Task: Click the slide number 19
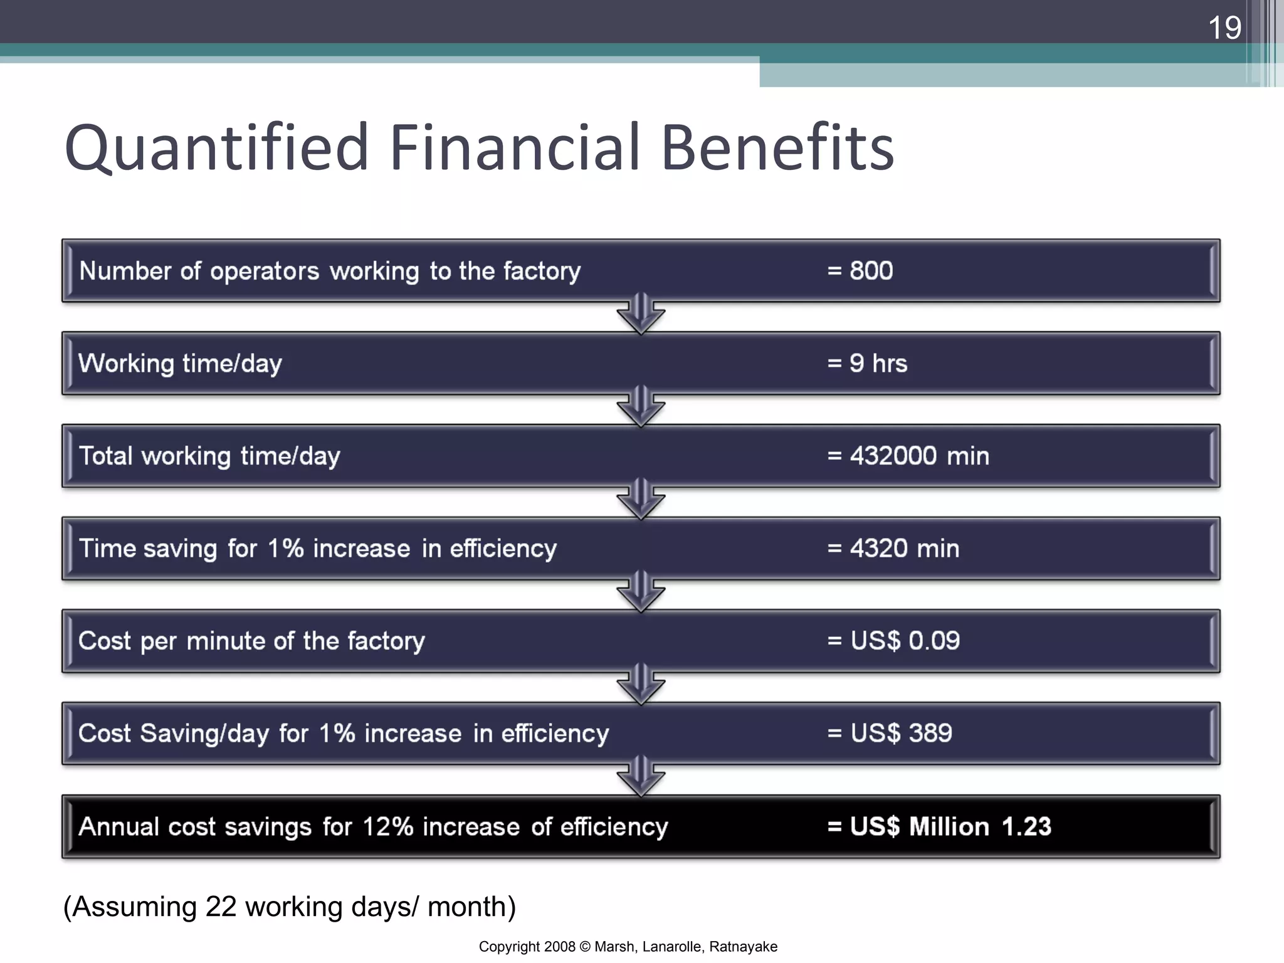(x=1224, y=28)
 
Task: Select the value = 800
(x=860, y=271)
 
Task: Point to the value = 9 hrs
(x=867, y=364)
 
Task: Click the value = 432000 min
(x=908, y=456)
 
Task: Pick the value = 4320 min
(x=893, y=549)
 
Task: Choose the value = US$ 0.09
(x=893, y=641)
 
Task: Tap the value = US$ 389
(x=889, y=733)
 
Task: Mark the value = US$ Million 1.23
(x=939, y=826)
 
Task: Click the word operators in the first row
(x=264, y=271)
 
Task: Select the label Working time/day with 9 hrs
(x=180, y=364)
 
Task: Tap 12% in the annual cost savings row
(x=387, y=826)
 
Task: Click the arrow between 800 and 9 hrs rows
(x=641, y=314)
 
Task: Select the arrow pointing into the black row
(x=641, y=777)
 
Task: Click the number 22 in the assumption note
(x=221, y=907)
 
